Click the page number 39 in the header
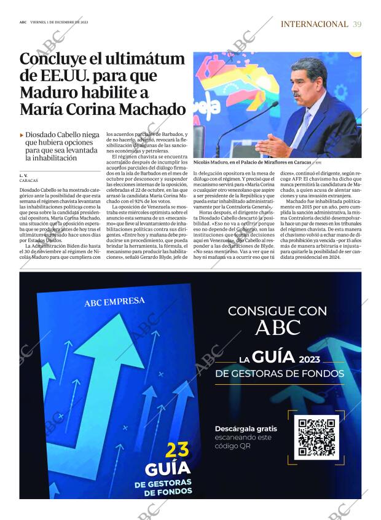tap(357, 24)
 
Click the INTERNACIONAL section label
tap(314, 24)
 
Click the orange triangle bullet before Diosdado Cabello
tap(22, 135)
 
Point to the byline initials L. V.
tap(23, 176)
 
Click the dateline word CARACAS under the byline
tap(28, 181)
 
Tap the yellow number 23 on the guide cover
tap(177, 450)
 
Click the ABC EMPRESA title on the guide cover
tap(115, 302)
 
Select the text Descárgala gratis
tap(246, 428)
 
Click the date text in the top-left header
tap(59, 22)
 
